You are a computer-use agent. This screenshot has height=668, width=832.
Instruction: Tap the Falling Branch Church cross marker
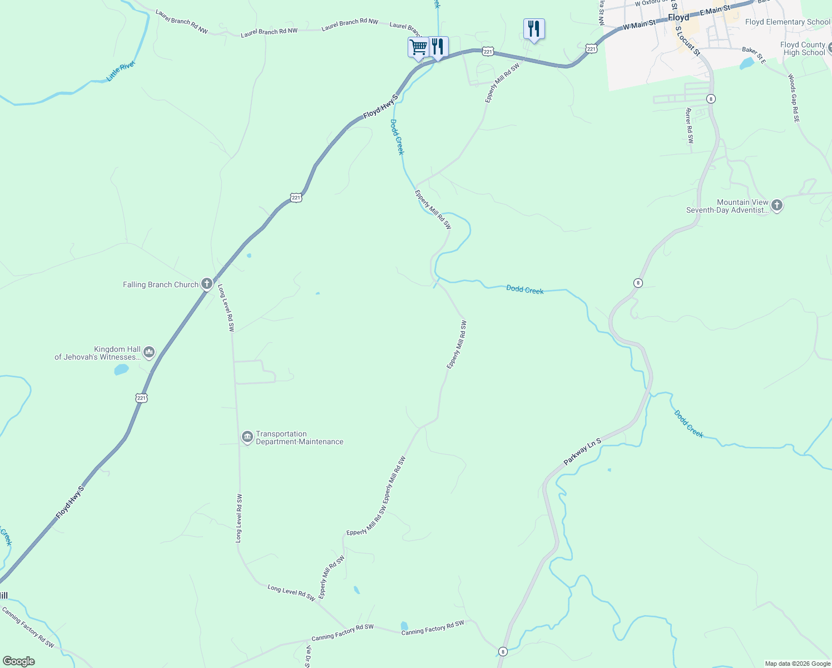206,284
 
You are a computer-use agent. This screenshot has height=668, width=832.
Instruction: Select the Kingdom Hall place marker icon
148,352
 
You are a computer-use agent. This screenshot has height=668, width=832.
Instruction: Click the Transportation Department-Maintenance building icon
247,438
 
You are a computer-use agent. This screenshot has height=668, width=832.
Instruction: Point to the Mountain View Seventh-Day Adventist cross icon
777,206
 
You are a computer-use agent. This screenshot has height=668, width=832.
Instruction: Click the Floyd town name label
679,17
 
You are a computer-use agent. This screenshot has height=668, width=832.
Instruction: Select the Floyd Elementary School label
788,22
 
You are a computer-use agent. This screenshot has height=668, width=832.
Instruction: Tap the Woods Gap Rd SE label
793,98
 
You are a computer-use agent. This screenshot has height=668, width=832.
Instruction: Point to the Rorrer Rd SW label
690,126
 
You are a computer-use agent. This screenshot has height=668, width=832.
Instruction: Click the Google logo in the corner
19,661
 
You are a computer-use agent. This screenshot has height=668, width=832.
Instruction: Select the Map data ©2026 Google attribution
798,664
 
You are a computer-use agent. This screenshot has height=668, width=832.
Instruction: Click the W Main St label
639,25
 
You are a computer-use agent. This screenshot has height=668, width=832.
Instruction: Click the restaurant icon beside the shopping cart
438,46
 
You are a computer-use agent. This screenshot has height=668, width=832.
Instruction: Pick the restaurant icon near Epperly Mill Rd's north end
534,28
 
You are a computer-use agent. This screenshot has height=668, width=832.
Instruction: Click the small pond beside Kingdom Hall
121,369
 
